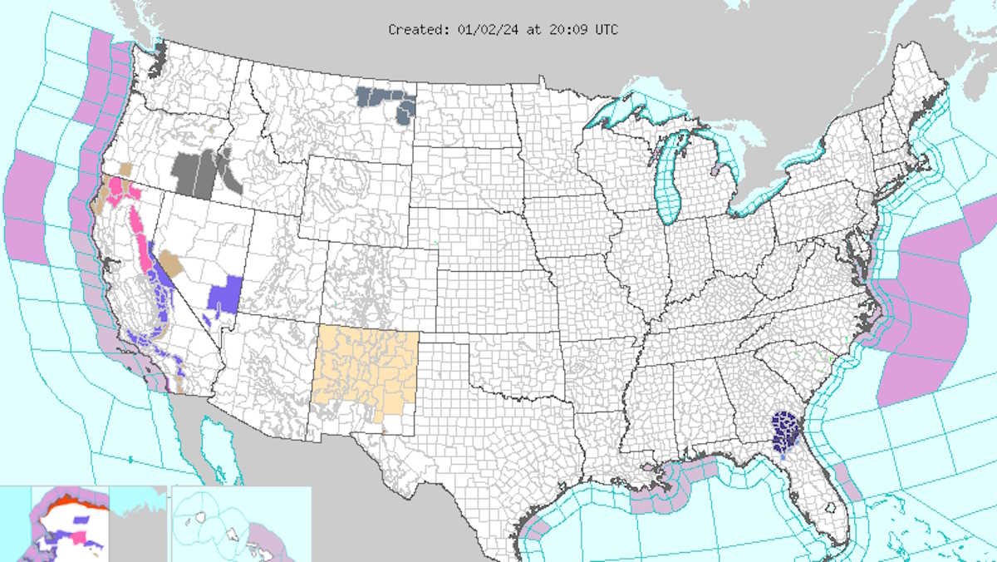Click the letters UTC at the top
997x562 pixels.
(606, 30)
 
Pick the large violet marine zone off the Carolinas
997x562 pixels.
(922, 308)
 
